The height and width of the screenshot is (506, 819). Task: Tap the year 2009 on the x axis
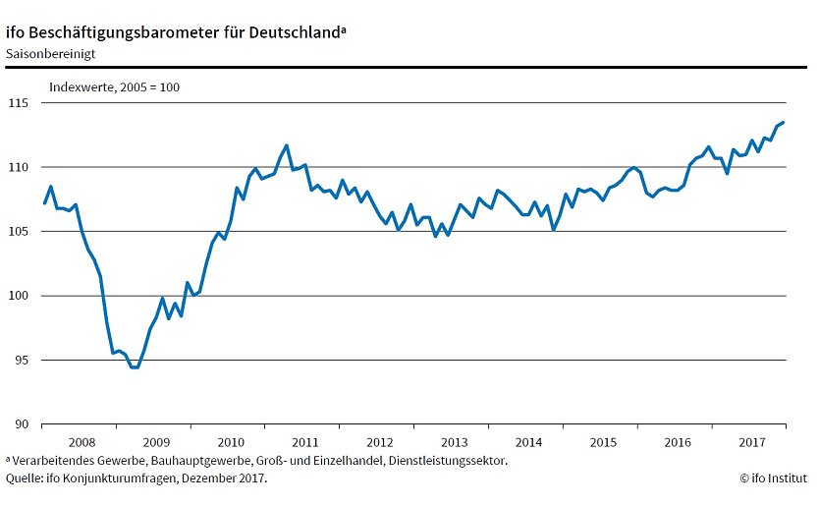click(x=155, y=442)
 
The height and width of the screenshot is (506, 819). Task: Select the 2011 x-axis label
click(x=304, y=442)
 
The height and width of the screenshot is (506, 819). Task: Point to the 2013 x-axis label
click(x=454, y=442)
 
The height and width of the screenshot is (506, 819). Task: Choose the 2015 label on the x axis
click(x=603, y=442)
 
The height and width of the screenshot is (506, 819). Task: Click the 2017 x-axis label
click(x=751, y=442)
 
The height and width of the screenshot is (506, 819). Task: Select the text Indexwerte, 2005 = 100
click(x=114, y=86)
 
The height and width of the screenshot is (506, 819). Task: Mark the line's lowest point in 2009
click(x=135, y=367)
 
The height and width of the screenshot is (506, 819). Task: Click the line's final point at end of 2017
click(x=784, y=122)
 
